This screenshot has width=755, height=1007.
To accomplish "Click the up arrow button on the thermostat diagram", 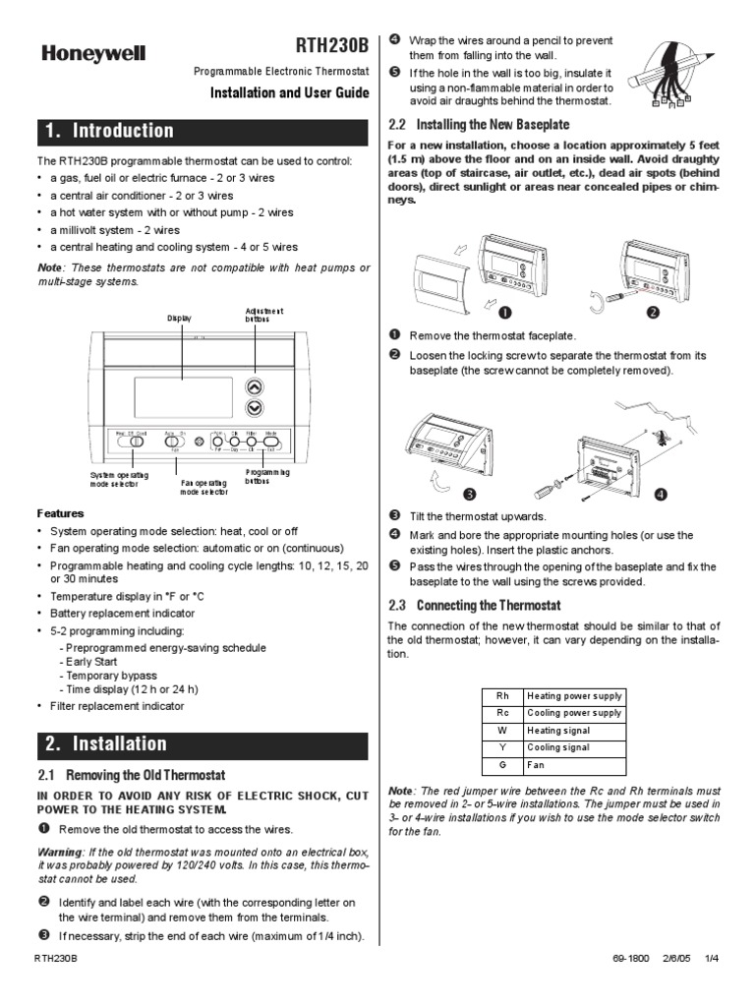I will click(255, 386).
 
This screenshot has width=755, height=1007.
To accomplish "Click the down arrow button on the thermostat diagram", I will click(255, 407).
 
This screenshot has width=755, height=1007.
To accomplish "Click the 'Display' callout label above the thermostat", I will click(180, 318).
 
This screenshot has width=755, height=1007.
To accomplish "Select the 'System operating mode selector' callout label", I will click(116, 479).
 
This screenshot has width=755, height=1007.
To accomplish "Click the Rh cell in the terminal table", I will click(501, 695).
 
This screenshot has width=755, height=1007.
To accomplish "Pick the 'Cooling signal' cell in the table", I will click(574, 746).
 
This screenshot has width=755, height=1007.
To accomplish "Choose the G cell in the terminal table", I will click(501, 764).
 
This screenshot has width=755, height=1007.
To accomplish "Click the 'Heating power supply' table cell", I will click(574, 695).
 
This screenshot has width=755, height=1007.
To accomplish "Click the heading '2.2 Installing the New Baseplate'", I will click(479, 125).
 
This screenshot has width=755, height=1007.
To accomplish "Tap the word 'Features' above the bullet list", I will click(60, 513).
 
